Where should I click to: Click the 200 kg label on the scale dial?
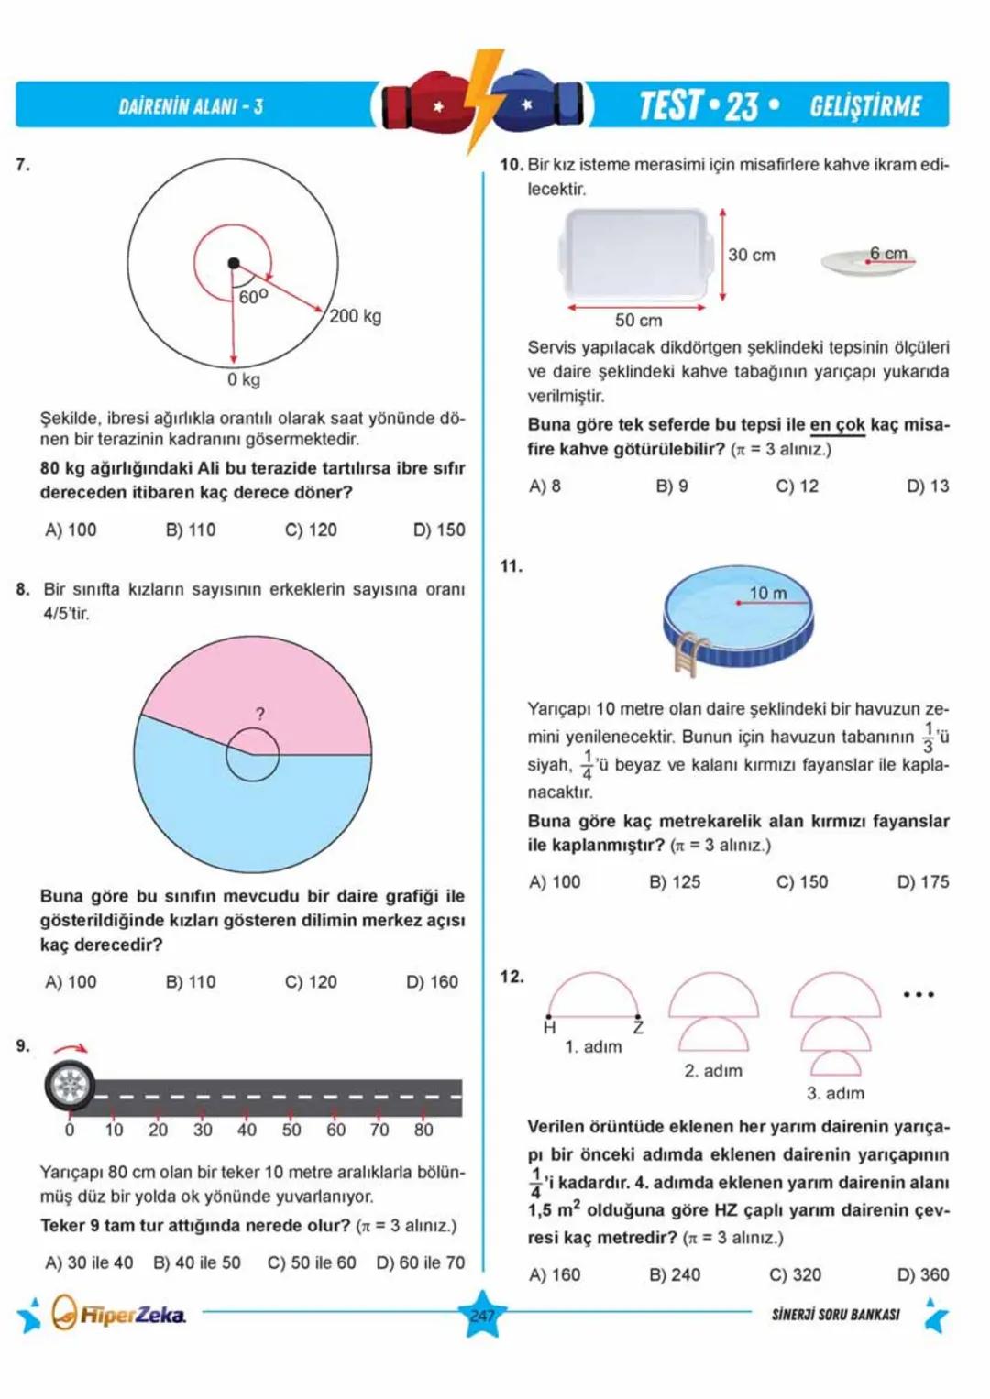click(355, 316)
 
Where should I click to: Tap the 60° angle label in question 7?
click(253, 297)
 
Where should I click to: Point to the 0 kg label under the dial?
click(244, 379)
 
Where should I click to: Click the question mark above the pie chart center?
click(260, 714)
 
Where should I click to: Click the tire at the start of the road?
click(70, 1086)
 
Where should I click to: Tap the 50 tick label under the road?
click(291, 1130)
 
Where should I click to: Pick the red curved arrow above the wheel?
click(71, 1049)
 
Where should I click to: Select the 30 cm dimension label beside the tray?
click(751, 255)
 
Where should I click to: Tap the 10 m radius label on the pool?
click(768, 593)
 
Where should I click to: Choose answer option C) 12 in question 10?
click(797, 486)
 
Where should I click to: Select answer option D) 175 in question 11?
click(922, 881)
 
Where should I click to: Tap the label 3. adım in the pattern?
click(835, 1093)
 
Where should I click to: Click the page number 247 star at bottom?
click(482, 1316)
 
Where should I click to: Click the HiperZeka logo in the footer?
click(119, 1315)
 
